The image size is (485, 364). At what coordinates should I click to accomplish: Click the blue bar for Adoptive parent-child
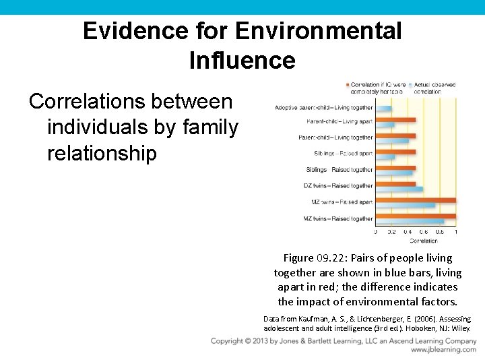click(x=383, y=109)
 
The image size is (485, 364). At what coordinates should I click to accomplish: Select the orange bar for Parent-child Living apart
click(x=395, y=120)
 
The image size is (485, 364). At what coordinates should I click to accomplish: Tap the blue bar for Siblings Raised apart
click(x=385, y=157)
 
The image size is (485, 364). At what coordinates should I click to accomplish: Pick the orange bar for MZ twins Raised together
click(x=416, y=216)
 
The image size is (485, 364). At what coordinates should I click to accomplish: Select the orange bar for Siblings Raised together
click(x=395, y=168)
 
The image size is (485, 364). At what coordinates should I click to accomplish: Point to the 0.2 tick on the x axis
click(x=392, y=232)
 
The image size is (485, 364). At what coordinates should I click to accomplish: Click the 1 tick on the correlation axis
click(x=456, y=232)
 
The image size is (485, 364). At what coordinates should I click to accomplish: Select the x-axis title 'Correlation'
click(x=424, y=240)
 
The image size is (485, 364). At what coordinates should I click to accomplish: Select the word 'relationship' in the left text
click(x=102, y=153)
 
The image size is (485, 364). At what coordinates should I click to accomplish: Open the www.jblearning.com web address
click(x=443, y=351)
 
